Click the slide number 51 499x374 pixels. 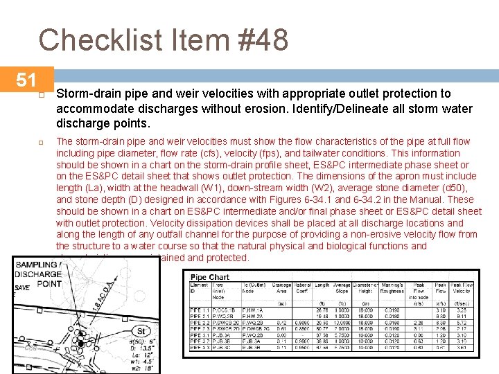click(26, 80)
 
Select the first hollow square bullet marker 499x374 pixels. click(42, 94)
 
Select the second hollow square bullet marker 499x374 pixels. click(42, 142)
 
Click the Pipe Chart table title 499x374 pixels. click(209, 278)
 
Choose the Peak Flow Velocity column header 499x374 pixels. click(462, 288)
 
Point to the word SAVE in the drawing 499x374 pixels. click(22, 287)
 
